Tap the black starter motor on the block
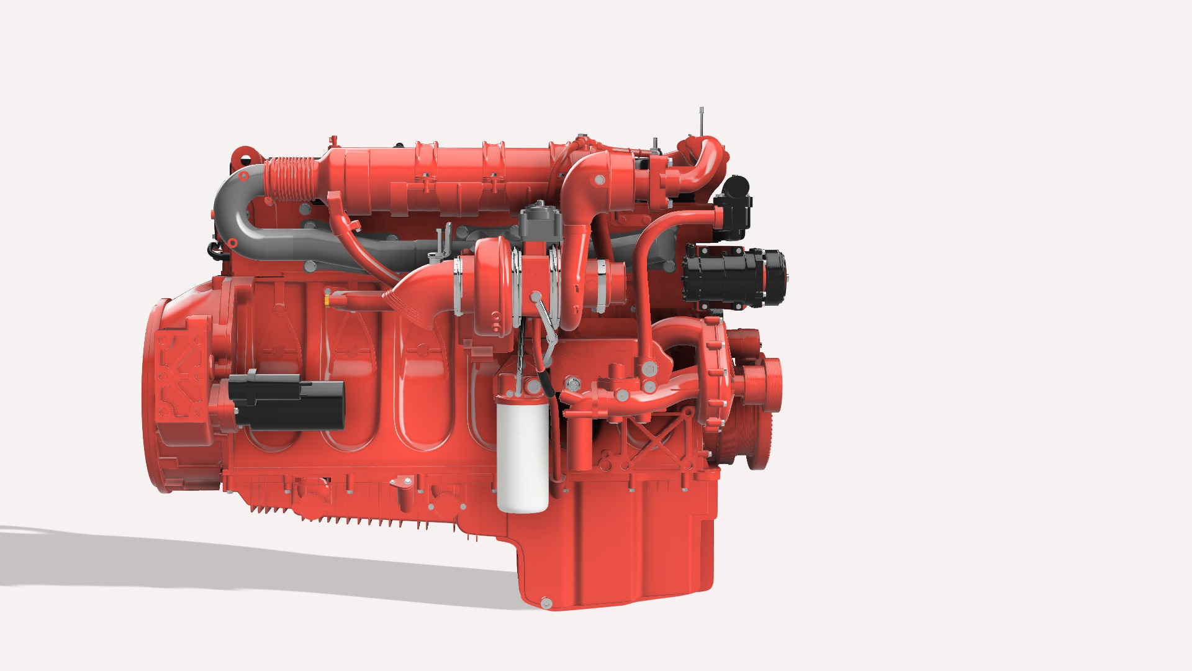[287, 402]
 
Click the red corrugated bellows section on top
[289, 178]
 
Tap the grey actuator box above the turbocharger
[541, 222]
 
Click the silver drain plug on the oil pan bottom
[546, 603]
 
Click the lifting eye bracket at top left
[243, 155]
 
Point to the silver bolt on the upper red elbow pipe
[598, 180]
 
